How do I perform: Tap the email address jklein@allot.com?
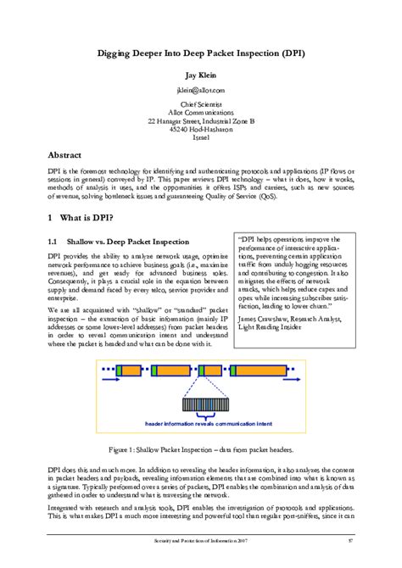(x=201, y=89)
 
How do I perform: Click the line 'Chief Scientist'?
(x=201, y=104)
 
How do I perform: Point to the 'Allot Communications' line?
(x=201, y=113)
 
